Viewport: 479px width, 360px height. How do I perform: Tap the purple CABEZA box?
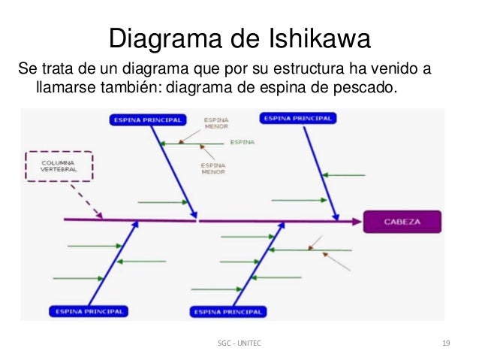(x=402, y=222)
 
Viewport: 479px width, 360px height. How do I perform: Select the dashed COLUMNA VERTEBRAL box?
(x=58, y=166)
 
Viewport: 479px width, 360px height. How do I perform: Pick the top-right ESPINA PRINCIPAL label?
(x=297, y=118)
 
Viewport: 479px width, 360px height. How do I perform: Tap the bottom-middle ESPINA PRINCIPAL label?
(x=229, y=311)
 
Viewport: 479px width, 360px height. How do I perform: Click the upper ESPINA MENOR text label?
(x=215, y=123)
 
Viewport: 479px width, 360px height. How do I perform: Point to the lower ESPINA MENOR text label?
(x=213, y=168)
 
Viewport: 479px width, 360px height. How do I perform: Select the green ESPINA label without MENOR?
(x=242, y=141)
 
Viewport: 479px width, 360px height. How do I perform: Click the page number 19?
(x=446, y=343)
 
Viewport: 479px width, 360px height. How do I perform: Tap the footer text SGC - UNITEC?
(x=240, y=343)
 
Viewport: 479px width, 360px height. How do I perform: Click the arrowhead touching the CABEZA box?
(x=356, y=222)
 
